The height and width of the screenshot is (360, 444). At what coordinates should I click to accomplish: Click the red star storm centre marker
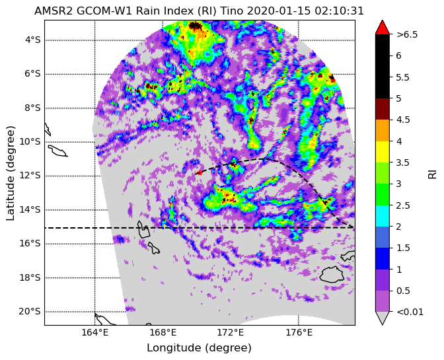(x=200, y=172)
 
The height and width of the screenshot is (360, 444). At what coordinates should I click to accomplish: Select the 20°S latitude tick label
(x=30, y=312)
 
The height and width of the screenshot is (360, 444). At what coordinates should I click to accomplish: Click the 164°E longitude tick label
(x=95, y=332)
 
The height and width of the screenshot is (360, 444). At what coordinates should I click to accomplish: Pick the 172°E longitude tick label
(x=231, y=332)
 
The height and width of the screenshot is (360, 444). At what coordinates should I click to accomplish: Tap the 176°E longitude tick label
(x=299, y=332)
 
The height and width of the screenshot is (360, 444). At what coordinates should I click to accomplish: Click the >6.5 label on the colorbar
(x=406, y=34)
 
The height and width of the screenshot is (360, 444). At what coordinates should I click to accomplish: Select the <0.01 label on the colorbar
(x=410, y=312)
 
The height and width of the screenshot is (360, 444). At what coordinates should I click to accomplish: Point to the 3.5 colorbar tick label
(x=402, y=162)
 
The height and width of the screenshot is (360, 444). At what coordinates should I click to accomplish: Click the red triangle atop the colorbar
(x=383, y=28)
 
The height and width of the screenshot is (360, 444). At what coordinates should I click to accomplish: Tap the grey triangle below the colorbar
(x=383, y=318)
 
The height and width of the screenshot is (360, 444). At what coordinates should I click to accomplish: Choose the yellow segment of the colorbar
(x=383, y=152)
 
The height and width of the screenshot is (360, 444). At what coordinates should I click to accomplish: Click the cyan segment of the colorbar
(x=383, y=216)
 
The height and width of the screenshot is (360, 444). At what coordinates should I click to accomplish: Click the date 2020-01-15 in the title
(x=279, y=11)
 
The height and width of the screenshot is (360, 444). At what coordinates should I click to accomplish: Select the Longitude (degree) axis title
(x=199, y=348)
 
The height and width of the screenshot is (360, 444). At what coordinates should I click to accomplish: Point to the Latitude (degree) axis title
(x=10, y=173)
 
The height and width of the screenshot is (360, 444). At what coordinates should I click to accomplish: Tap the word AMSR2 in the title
(x=51, y=11)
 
